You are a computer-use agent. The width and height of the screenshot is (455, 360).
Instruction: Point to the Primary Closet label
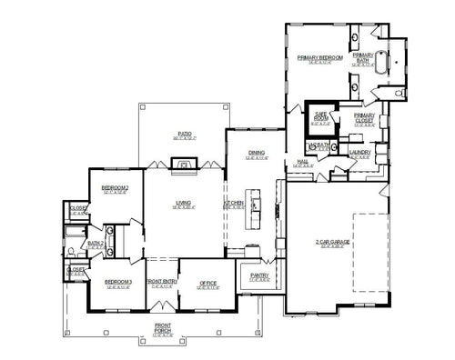[364, 118]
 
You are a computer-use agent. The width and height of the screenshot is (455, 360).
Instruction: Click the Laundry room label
[357, 153]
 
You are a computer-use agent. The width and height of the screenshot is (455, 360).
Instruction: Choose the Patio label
[185, 135]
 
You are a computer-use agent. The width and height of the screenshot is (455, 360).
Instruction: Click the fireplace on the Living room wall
[185, 165]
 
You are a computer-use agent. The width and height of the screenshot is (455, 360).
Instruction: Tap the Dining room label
[255, 154]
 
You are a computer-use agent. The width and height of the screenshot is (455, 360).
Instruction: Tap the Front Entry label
[160, 283]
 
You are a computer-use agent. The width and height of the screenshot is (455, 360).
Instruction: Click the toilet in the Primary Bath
[402, 93]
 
